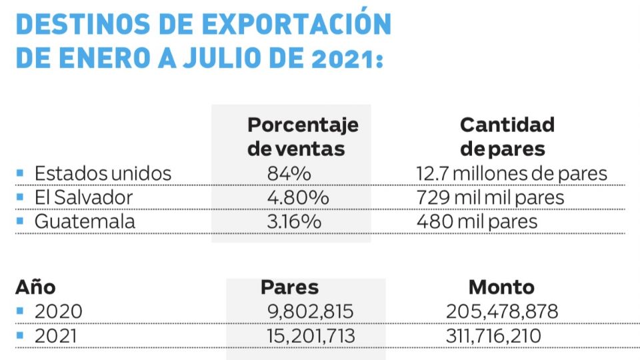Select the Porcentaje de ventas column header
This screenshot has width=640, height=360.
tap(303, 136)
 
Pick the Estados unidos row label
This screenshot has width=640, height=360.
tap(103, 174)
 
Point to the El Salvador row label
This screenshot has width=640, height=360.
tap(83, 197)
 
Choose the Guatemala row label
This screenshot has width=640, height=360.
tap(85, 221)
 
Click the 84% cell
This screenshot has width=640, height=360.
tap(289, 174)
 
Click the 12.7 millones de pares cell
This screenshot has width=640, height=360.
tap(511, 174)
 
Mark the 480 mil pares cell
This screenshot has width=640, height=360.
tap(477, 221)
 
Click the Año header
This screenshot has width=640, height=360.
tap(35, 287)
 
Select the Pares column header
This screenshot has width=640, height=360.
tap(289, 287)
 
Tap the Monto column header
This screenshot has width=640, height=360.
tap(501, 287)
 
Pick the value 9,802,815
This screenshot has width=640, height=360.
tap(309, 311)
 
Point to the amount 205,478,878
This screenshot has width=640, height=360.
tap(501, 311)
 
